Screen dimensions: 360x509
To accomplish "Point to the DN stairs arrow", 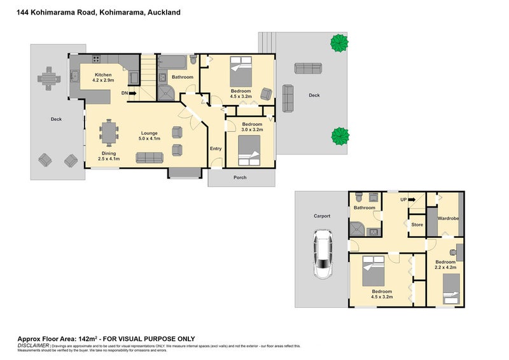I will (x=128, y=93).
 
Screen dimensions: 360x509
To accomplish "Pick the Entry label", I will (x=216, y=149).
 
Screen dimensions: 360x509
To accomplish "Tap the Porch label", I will (x=240, y=177).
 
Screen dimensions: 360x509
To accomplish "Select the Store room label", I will (x=417, y=225).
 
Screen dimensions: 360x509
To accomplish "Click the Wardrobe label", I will (x=449, y=218).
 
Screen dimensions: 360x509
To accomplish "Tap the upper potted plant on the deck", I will (x=339, y=43).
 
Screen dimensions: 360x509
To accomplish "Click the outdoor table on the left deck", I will (x=49, y=79).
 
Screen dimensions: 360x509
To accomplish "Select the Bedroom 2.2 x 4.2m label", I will (x=445, y=265).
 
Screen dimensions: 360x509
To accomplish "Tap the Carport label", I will (x=322, y=216).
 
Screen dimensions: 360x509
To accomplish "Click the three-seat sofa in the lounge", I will (x=149, y=157).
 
